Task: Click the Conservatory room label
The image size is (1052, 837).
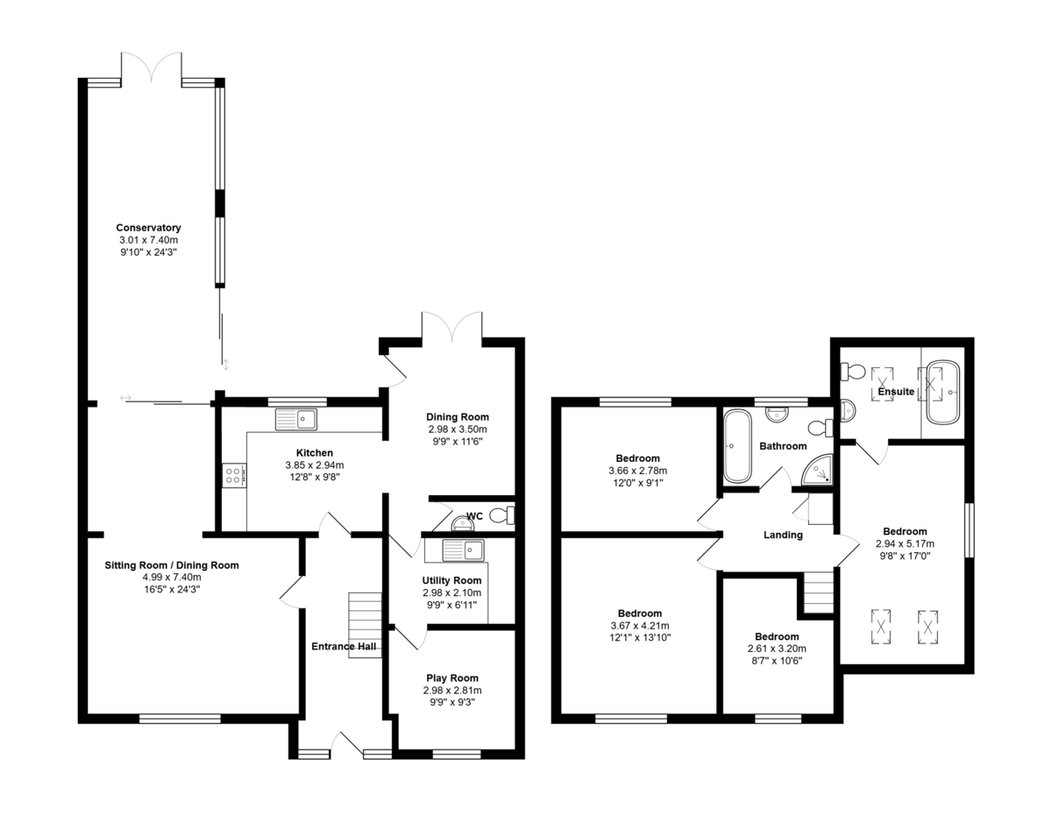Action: (148, 228)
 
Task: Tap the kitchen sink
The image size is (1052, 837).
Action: (295, 420)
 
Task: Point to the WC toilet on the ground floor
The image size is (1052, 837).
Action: (503, 515)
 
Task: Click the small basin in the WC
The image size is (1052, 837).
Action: (459, 524)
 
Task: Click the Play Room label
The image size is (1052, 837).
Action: (452, 677)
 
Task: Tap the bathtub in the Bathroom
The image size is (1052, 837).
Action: (736, 445)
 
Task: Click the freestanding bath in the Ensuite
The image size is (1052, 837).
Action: (945, 391)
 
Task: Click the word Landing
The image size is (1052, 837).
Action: (783, 535)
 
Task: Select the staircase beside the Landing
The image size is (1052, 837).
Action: (818, 592)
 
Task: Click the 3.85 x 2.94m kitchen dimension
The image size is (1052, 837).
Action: (314, 465)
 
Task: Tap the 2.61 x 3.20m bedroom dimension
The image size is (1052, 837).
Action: (776, 649)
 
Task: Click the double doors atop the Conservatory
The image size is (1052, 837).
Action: (152, 68)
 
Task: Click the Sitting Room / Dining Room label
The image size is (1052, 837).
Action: (172, 565)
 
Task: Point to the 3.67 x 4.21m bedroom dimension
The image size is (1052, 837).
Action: (639, 626)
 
